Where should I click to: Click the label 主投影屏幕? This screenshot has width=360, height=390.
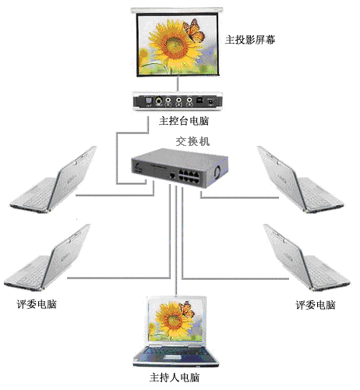[x=250, y=40]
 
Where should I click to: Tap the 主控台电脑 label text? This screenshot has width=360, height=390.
[x=184, y=121]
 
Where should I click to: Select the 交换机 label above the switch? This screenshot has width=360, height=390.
[x=192, y=141]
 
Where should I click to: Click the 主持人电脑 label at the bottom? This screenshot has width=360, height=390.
[x=175, y=378]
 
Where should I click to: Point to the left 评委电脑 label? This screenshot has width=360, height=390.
[x=37, y=304]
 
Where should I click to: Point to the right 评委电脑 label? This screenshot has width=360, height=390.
[x=316, y=305]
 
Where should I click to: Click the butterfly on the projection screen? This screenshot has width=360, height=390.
[x=194, y=30]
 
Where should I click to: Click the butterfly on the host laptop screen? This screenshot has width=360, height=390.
[x=187, y=310]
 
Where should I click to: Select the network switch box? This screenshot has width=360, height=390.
[x=180, y=168]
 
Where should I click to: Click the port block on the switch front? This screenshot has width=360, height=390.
[x=189, y=176]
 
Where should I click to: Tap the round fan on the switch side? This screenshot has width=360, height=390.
[x=217, y=172]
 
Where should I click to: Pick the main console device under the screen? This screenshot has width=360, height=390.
[x=178, y=101]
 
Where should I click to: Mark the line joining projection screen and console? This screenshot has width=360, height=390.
[x=178, y=84]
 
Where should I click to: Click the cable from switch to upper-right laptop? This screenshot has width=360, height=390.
[x=239, y=197]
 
